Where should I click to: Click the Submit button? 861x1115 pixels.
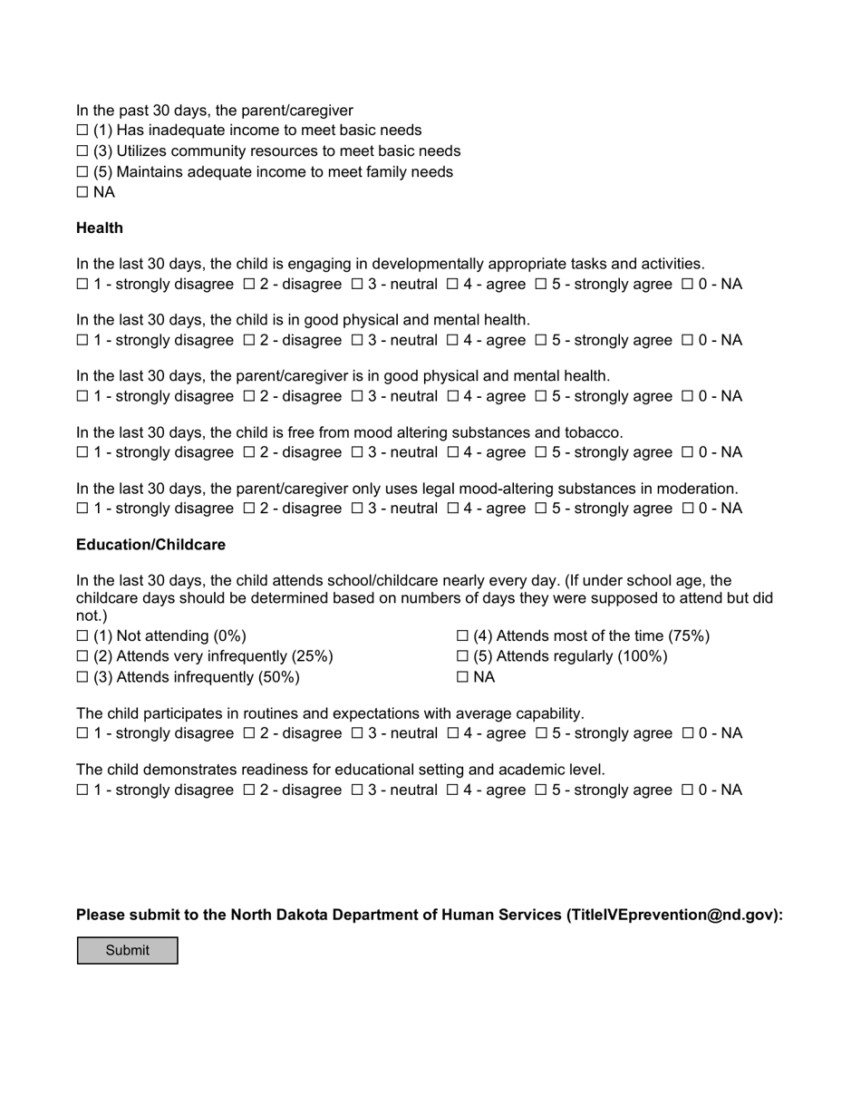127,950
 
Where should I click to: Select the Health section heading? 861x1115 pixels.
100,228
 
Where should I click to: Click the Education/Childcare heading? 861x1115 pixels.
150,545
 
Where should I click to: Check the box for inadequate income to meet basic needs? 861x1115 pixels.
82,131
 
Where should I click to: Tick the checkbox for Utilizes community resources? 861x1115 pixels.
82,151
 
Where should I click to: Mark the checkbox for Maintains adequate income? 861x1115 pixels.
82,172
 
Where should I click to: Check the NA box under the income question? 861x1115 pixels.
82,192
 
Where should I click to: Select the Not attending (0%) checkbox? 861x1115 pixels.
82,636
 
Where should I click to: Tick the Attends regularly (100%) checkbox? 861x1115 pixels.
462,656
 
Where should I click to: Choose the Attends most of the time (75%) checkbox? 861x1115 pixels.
462,636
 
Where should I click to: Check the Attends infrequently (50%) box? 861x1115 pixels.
82,677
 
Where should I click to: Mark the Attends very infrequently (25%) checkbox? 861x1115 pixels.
82,656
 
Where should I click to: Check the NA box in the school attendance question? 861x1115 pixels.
462,677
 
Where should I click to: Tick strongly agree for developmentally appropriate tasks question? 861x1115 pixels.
540,285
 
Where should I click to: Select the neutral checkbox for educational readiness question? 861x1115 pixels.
356,790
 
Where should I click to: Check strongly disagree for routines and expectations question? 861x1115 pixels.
82,733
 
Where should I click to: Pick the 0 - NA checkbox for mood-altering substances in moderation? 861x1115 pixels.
687,509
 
